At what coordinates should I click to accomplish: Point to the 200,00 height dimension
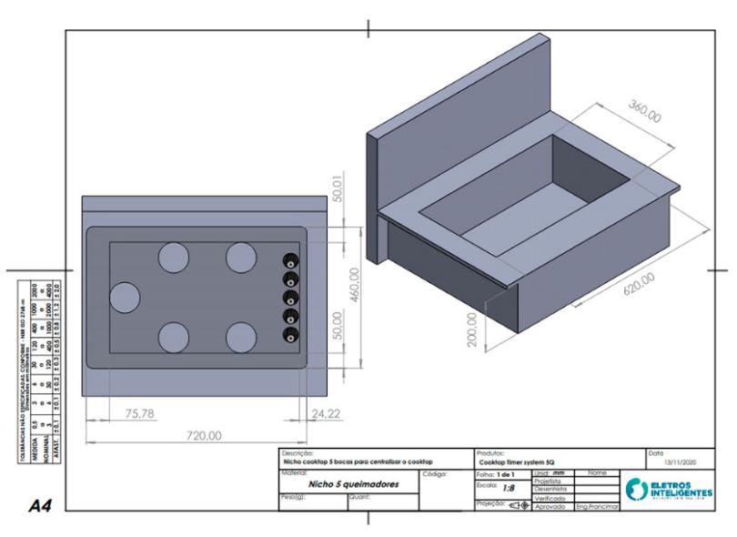472,324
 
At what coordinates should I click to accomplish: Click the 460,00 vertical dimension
355,287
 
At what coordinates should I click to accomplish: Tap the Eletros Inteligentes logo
670,487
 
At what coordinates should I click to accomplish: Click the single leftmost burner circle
125,298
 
